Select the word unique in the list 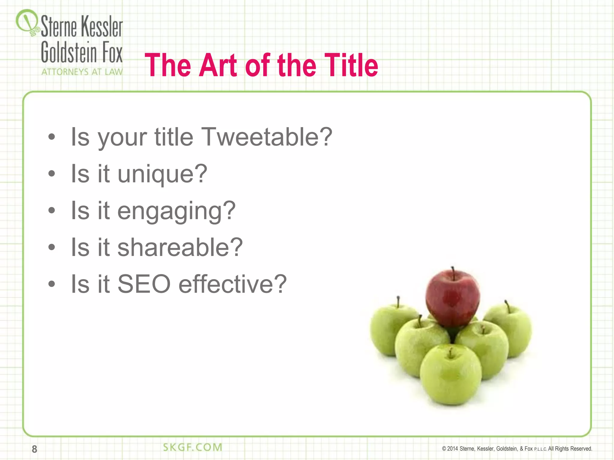[162, 174]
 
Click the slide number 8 [34, 449]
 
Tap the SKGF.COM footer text [192, 447]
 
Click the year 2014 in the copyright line [452, 449]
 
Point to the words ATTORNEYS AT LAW [82, 72]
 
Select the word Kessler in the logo [102, 27]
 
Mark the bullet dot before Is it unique [52, 173]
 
